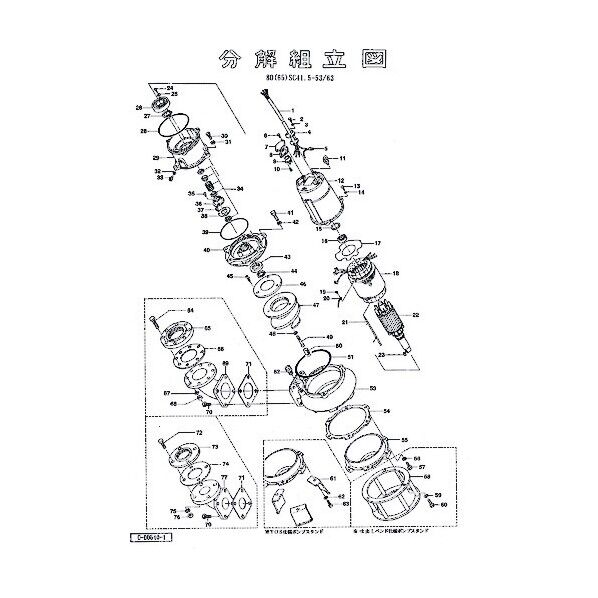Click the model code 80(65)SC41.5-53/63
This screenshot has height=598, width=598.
coord(300,77)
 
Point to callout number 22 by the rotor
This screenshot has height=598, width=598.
coord(414,316)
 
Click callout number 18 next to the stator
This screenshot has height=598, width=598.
coord(397,274)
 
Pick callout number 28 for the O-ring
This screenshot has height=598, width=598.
coord(144,131)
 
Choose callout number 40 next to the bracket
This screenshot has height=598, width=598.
coord(204,249)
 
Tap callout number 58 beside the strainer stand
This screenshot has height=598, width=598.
coord(426,477)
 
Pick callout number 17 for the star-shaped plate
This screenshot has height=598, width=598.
coord(378,244)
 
